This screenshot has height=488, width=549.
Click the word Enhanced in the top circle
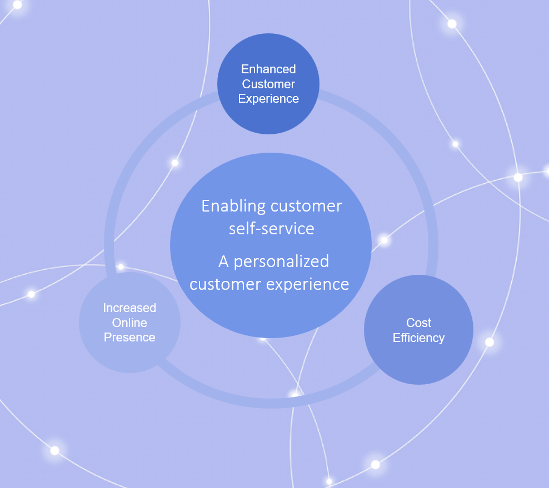(x=268, y=69)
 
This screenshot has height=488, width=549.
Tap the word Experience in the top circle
(x=268, y=99)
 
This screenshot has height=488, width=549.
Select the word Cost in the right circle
(x=419, y=323)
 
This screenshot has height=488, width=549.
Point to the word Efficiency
(x=419, y=338)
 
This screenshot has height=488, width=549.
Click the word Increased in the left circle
(x=129, y=308)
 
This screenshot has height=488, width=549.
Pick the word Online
(x=129, y=323)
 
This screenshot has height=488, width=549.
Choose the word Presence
(x=129, y=337)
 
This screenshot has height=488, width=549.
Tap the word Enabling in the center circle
(x=233, y=207)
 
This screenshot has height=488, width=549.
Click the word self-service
(x=272, y=228)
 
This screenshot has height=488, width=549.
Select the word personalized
(x=282, y=262)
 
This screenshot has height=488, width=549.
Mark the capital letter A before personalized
(x=223, y=261)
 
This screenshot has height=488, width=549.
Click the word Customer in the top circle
(x=268, y=84)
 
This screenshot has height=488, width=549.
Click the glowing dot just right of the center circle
(x=385, y=240)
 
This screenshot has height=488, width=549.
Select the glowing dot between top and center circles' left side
(x=175, y=163)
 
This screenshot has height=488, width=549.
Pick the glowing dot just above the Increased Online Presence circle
(x=121, y=267)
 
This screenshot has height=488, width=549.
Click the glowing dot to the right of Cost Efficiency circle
(x=490, y=342)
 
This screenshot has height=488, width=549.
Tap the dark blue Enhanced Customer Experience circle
(x=268, y=84)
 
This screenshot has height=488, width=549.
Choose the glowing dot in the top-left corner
(x=17, y=5)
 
